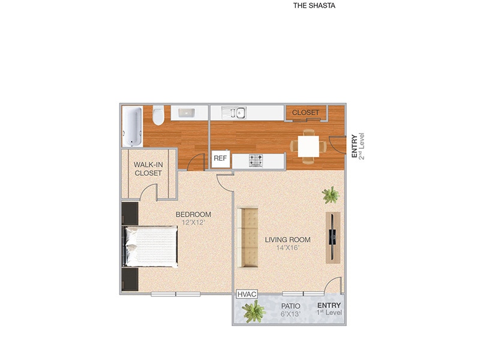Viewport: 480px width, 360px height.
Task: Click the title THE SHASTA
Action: tap(314, 6)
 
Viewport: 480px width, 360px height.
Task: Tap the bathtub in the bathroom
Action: tap(133, 126)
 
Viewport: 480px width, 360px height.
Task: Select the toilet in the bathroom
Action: tap(158, 115)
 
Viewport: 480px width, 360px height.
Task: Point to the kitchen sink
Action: tap(233, 112)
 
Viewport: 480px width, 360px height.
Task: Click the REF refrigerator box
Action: tap(220, 159)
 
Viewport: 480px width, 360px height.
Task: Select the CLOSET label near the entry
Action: tap(305, 112)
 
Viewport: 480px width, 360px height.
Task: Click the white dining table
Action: tap(308, 146)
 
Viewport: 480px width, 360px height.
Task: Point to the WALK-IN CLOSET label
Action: tap(148, 169)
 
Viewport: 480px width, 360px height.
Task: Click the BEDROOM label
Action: tap(193, 214)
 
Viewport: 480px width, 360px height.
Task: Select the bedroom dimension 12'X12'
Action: tap(193, 223)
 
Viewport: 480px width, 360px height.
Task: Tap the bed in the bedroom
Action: tap(152, 246)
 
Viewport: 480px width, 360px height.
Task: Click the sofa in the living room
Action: tap(248, 238)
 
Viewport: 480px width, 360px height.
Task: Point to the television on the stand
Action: tap(332, 236)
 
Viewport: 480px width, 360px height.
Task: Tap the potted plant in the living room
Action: tap(330, 194)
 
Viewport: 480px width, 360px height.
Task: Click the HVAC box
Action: tap(247, 294)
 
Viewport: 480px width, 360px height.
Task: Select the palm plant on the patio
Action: tap(253, 311)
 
